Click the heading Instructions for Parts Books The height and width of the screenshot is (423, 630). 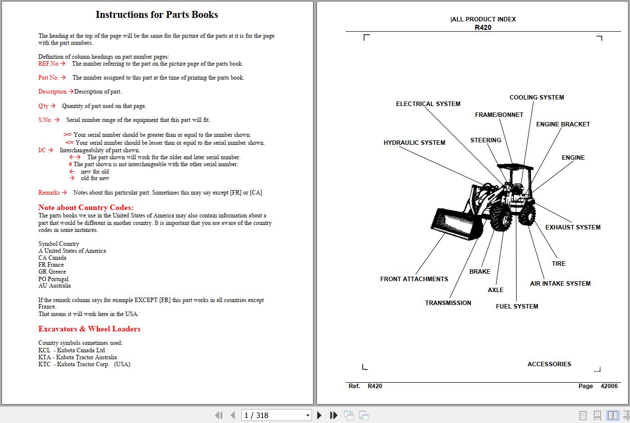click(x=157, y=14)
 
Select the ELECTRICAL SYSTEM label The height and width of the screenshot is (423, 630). click(x=428, y=104)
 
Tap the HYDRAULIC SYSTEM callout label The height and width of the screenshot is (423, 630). click(x=414, y=143)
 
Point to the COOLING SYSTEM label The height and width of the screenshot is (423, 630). click(x=536, y=98)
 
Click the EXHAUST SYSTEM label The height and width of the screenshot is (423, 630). click(x=572, y=227)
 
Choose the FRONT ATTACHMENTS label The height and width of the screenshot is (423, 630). click(x=414, y=279)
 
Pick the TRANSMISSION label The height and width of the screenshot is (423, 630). click(x=448, y=303)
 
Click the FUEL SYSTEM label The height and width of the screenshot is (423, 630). click(x=517, y=307)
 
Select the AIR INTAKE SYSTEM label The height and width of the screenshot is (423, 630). click(x=560, y=284)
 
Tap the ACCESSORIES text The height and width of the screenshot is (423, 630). click(x=549, y=364)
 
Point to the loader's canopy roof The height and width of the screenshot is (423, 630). click(x=515, y=166)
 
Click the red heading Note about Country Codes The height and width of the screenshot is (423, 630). click(x=86, y=208)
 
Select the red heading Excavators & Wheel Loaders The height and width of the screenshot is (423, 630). click(x=89, y=329)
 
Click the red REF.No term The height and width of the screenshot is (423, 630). click(x=48, y=64)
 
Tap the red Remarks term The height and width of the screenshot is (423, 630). click(x=49, y=193)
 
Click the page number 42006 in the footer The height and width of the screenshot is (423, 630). click(x=609, y=386)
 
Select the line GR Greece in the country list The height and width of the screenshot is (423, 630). click(x=52, y=272)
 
